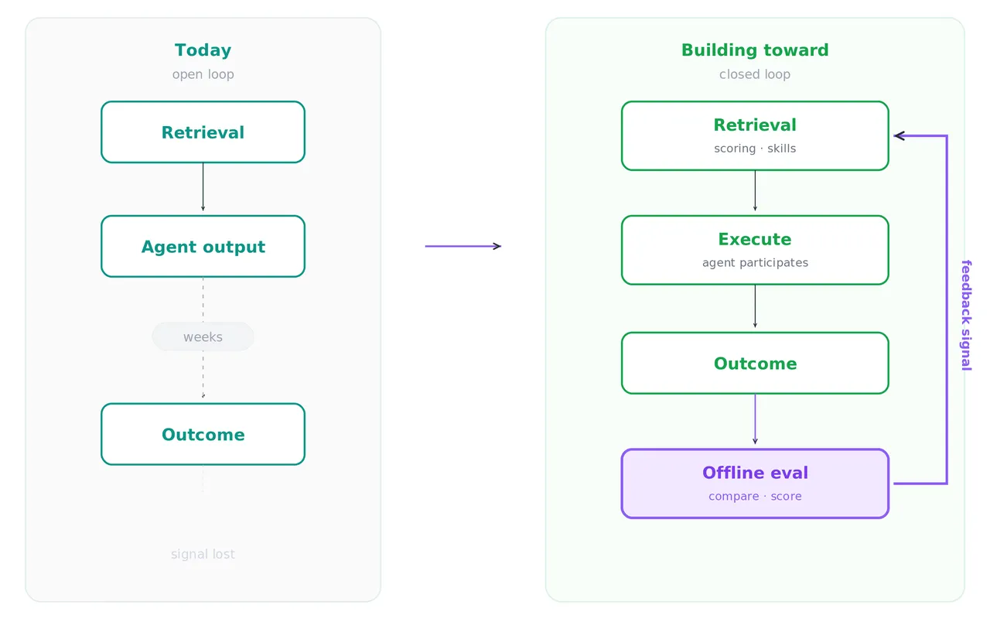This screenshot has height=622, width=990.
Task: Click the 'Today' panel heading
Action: pos(203,50)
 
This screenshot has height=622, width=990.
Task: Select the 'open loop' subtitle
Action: pos(203,74)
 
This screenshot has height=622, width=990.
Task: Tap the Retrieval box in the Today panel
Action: pos(203,132)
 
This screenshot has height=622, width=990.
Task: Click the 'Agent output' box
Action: pos(203,246)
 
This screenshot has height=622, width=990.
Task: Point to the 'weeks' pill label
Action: pos(203,337)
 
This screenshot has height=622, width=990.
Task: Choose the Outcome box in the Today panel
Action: pos(203,434)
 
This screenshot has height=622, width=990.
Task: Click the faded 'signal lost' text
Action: pos(203,554)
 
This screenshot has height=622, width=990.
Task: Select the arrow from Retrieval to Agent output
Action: pos(203,187)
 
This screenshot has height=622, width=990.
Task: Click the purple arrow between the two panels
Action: pos(463,246)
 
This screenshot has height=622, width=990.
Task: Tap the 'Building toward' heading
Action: pos(755,50)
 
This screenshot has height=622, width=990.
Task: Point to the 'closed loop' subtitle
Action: pos(755,74)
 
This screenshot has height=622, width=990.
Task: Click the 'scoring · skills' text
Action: pos(755,149)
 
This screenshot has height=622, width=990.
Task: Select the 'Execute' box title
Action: pos(755,239)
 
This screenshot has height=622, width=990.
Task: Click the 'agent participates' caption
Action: pos(755,262)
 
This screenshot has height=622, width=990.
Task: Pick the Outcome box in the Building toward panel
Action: pos(755,363)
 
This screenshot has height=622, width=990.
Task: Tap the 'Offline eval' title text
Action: pos(755,473)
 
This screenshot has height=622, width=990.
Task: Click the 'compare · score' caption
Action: pos(755,496)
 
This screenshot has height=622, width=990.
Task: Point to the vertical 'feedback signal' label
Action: pos(966,315)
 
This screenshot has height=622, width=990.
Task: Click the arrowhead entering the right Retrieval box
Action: pos(899,135)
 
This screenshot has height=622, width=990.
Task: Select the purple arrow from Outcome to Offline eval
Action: pos(755,419)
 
